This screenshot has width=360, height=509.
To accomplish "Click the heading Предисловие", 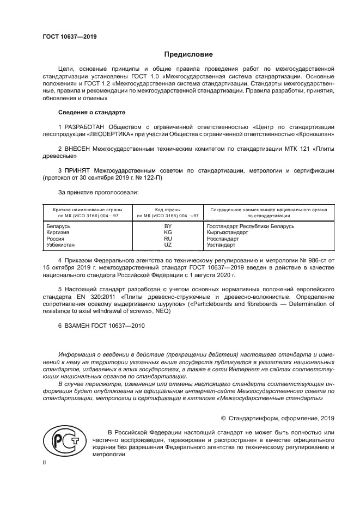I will pyautogui.click(x=188, y=54).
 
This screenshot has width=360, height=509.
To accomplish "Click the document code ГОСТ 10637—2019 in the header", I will pyautogui.click(x=70, y=36).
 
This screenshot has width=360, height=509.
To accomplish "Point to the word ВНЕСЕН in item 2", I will pyautogui.click(x=79, y=148).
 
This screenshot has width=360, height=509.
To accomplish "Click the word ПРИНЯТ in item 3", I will pyautogui.click(x=79, y=170).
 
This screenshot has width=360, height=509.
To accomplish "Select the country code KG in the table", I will pyautogui.click(x=168, y=232).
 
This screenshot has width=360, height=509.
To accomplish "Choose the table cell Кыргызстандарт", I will pyautogui.click(x=228, y=232).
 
